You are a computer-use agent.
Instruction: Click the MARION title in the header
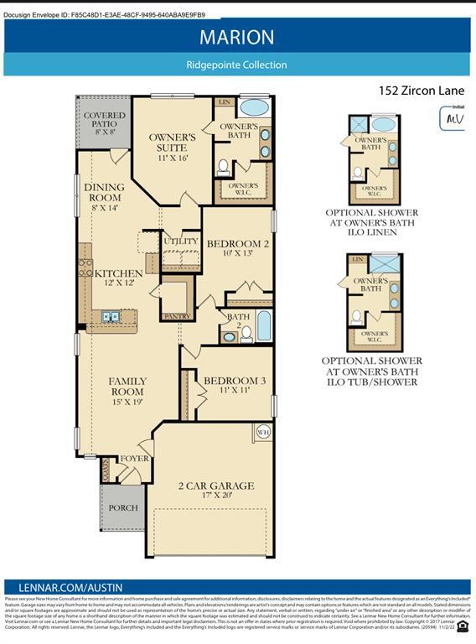pos(236,37)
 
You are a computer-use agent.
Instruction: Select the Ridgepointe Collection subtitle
pos(236,65)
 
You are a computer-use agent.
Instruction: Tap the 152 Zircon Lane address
pos(421,90)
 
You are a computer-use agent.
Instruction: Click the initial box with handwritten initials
pos(453,117)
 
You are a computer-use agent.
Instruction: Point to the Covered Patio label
pos(105,122)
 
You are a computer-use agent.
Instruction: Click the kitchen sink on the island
pos(111,316)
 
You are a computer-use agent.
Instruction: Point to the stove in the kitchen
pos(85,268)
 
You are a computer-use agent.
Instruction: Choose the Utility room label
pos(181,241)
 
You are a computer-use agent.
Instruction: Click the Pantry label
pos(178,315)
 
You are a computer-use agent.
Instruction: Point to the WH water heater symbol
pos(262,432)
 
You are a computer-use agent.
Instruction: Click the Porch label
pos(123,507)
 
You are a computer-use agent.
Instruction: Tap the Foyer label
pos(134,459)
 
